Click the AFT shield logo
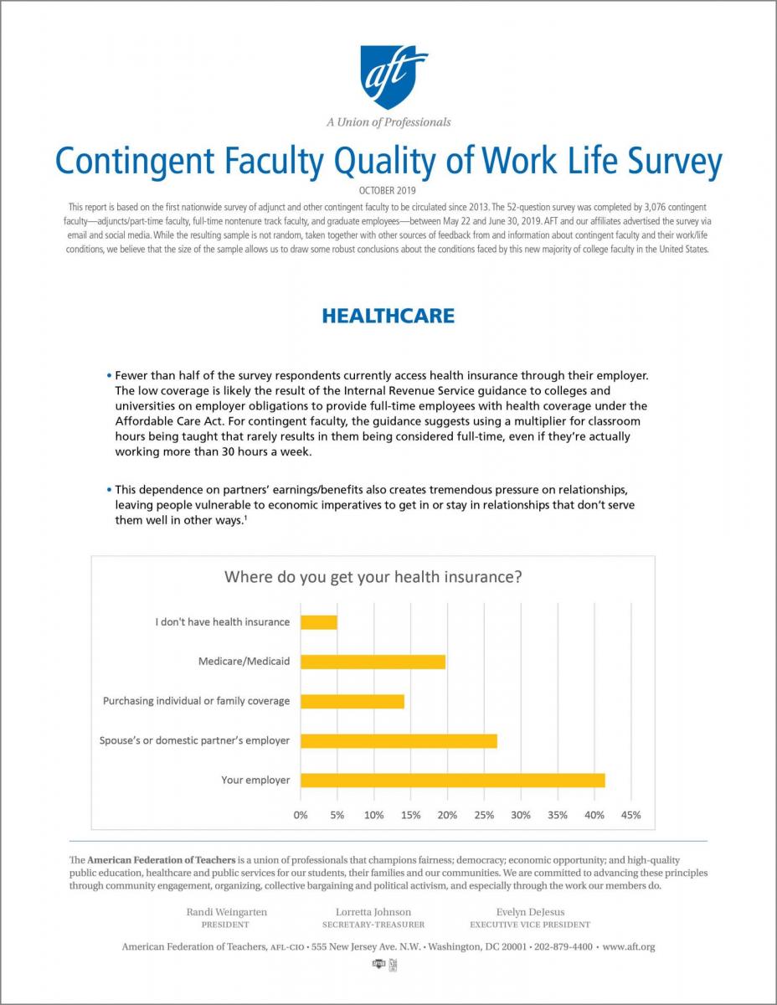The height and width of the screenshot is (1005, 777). pyautogui.click(x=394, y=77)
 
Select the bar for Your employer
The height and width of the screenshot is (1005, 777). pyautogui.click(x=452, y=781)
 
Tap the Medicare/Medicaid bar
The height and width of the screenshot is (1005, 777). pyautogui.click(x=373, y=662)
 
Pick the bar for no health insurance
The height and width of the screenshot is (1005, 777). pyautogui.click(x=319, y=622)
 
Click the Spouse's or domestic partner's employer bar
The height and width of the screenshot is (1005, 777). pyautogui.click(x=399, y=741)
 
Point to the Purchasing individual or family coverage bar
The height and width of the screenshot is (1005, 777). pyautogui.click(x=352, y=701)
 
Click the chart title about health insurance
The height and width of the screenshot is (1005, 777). pyautogui.click(x=373, y=577)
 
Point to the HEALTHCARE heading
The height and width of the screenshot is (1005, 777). pyautogui.click(x=388, y=316)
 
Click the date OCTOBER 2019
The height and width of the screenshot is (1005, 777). pyautogui.click(x=388, y=191)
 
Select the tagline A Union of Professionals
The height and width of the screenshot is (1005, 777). pyautogui.click(x=388, y=122)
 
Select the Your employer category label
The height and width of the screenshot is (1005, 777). pyautogui.click(x=255, y=781)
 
